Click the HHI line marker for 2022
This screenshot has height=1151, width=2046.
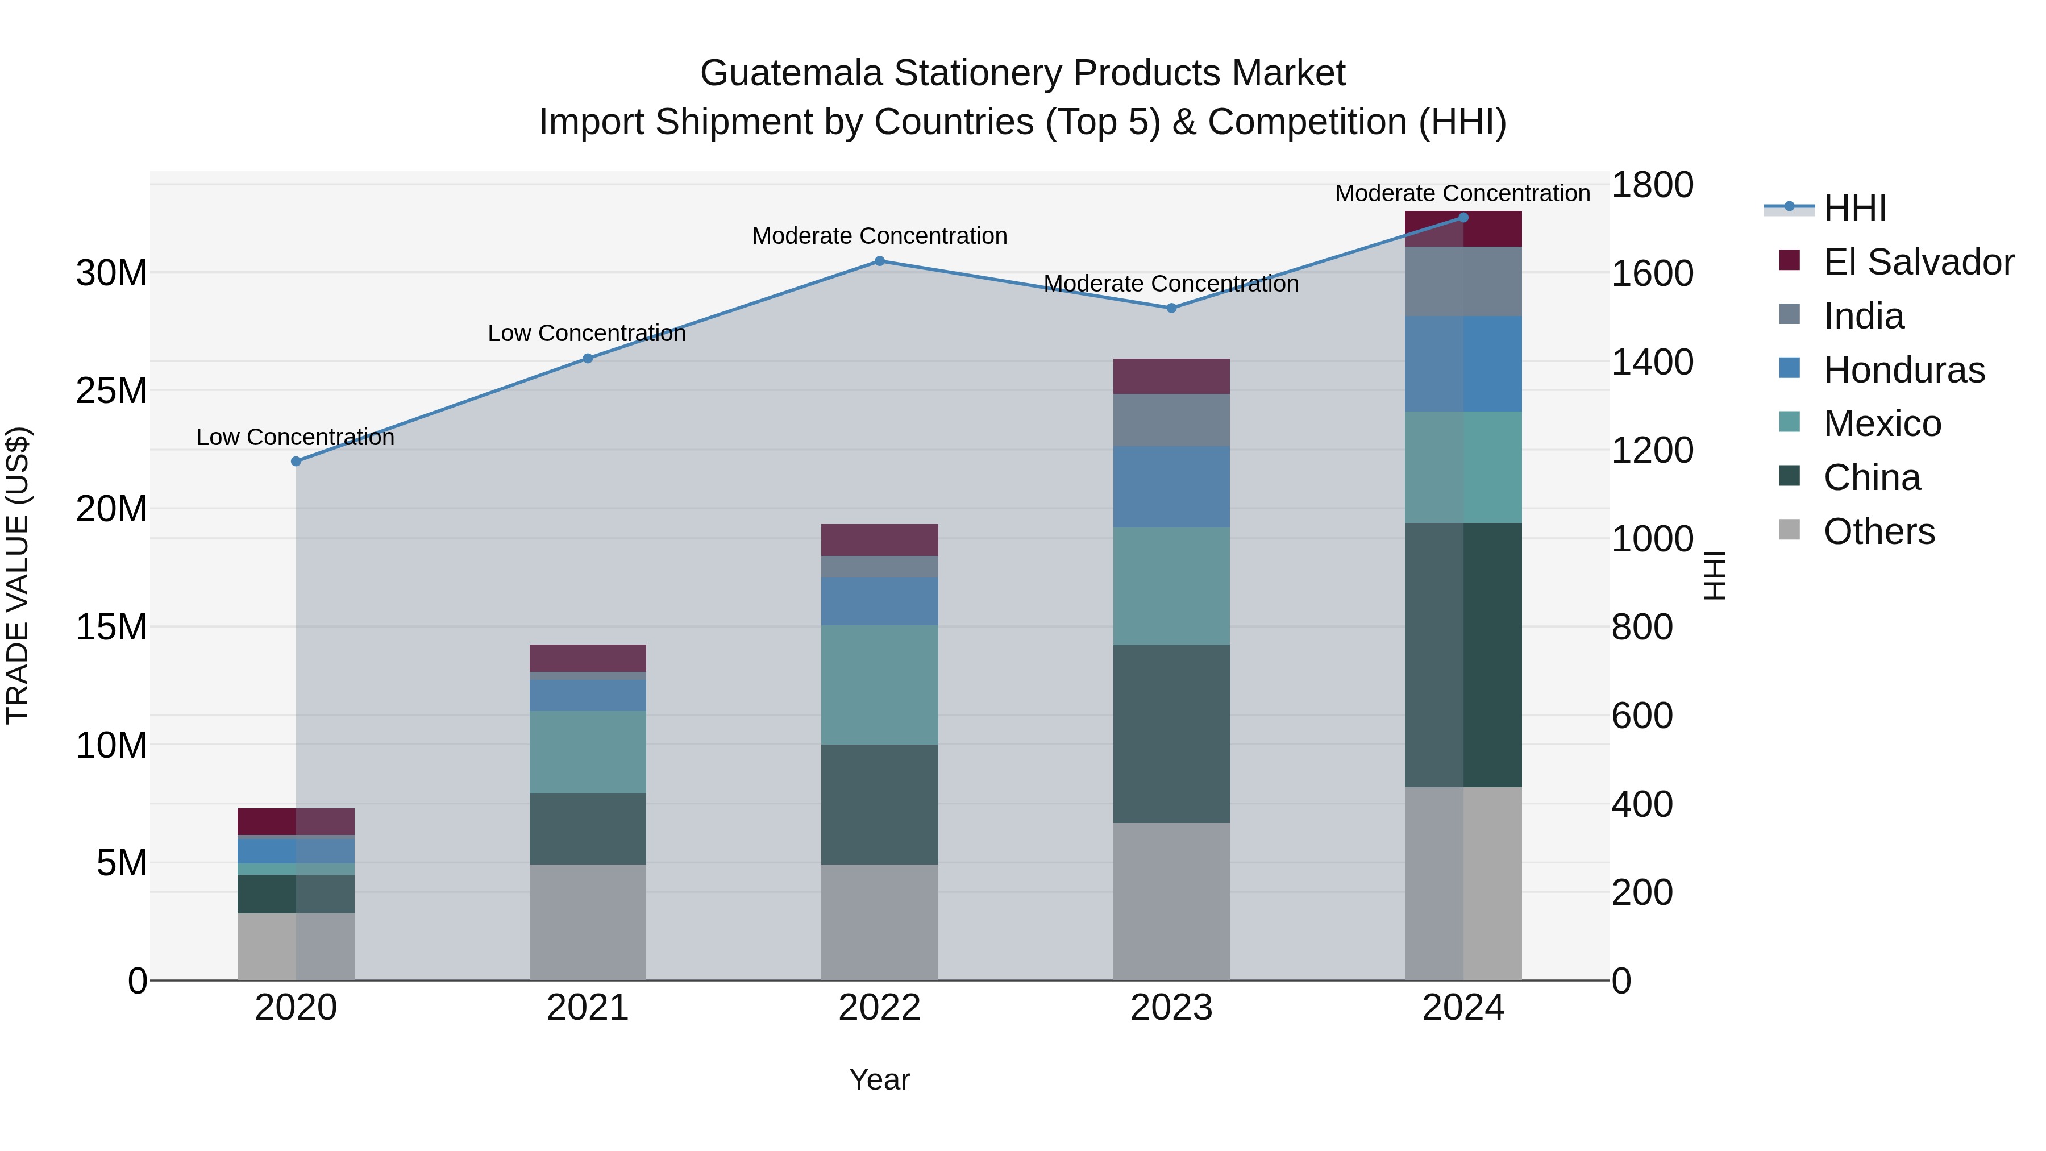tap(879, 260)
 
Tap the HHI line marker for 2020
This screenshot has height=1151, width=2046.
tap(296, 461)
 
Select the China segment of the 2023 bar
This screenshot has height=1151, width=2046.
tap(1171, 733)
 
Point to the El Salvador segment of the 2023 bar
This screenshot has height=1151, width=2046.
tap(1171, 376)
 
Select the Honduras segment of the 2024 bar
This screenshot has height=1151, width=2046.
tap(1463, 363)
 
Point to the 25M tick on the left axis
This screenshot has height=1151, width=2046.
tap(111, 390)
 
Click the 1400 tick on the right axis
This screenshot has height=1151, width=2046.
tap(1652, 362)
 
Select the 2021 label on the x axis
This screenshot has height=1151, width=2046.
tap(588, 1008)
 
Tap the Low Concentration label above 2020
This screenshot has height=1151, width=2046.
tap(296, 437)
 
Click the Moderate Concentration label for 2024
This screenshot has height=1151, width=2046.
tap(1462, 193)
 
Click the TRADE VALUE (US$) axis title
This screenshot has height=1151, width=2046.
tap(18, 575)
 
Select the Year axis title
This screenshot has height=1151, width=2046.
tap(879, 1079)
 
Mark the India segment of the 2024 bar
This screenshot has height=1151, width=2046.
tap(1463, 281)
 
